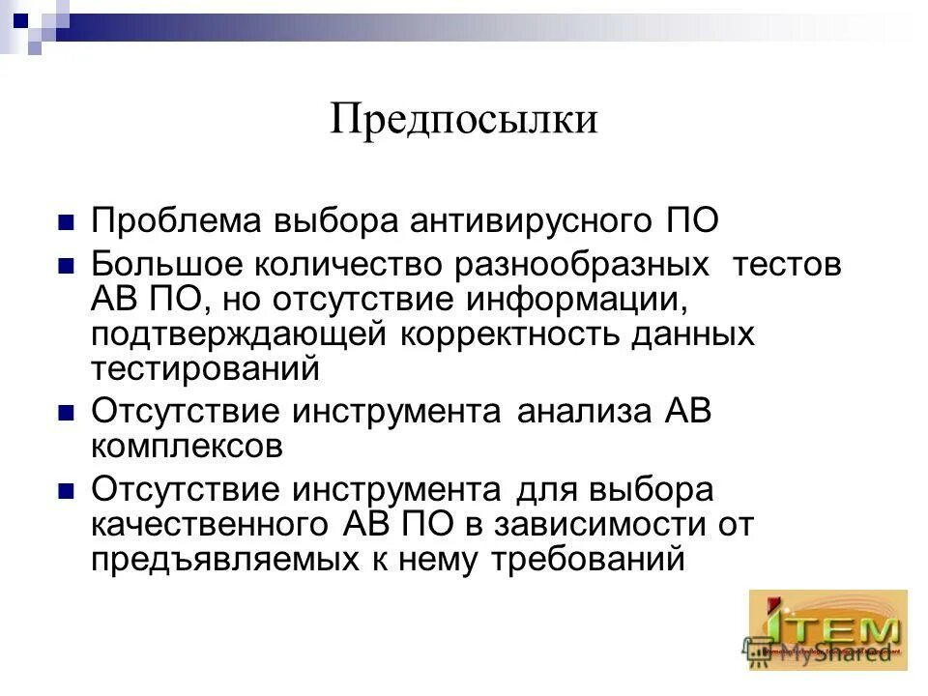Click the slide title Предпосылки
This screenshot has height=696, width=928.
point(463,120)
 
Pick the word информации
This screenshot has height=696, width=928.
point(578,300)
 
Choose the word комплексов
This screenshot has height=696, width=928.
point(188,447)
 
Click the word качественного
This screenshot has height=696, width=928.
point(212,525)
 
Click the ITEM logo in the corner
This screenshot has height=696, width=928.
point(828,629)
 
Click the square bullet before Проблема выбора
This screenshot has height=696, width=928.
point(66,221)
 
